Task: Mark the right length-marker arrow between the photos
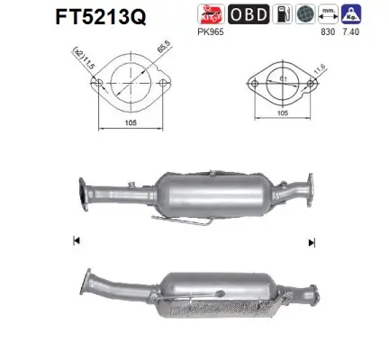click(312, 241)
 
